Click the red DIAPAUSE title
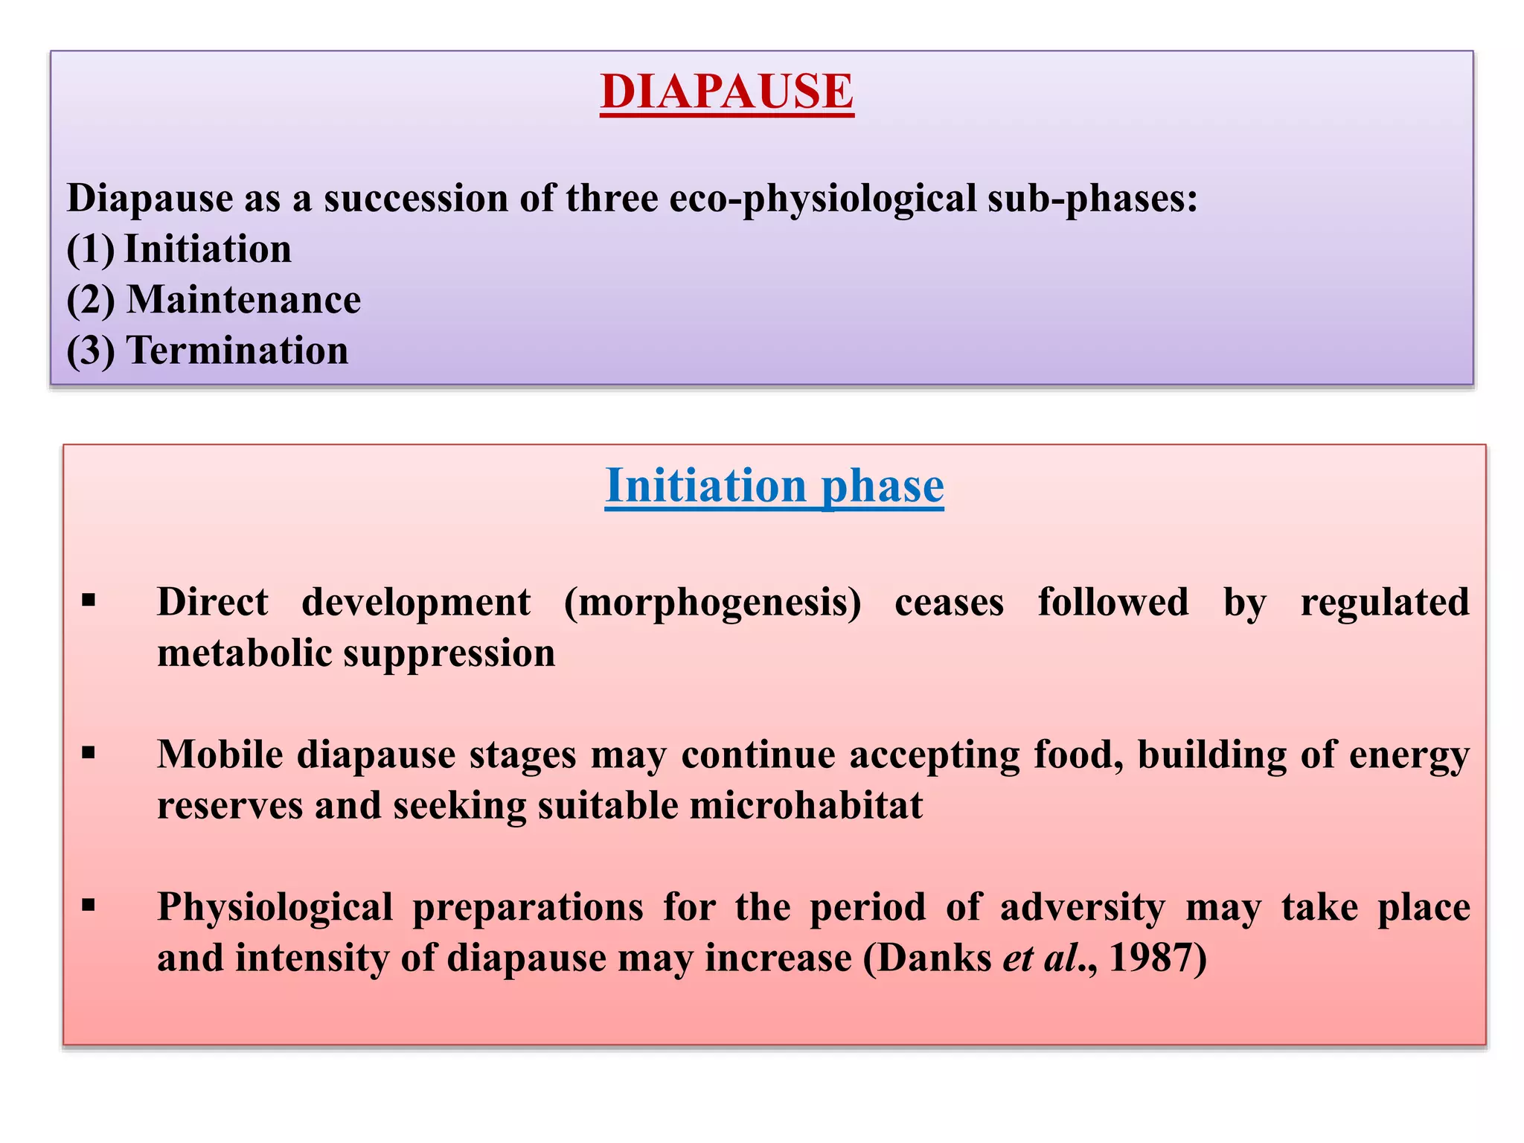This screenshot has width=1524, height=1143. (727, 92)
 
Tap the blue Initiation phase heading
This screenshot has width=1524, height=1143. (774, 486)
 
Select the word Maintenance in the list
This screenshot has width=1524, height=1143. (243, 300)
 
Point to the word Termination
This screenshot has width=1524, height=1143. (237, 350)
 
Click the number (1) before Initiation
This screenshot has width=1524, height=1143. (91, 249)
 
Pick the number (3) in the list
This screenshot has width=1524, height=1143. (91, 350)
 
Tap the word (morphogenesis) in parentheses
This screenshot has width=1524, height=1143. (712, 602)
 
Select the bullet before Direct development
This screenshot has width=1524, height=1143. (89, 601)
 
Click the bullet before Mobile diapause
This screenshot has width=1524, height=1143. (89, 753)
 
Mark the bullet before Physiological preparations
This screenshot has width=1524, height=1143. (89, 906)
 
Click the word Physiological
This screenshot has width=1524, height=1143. (275, 907)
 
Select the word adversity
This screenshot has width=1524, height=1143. (1083, 907)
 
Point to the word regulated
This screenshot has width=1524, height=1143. (1385, 602)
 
